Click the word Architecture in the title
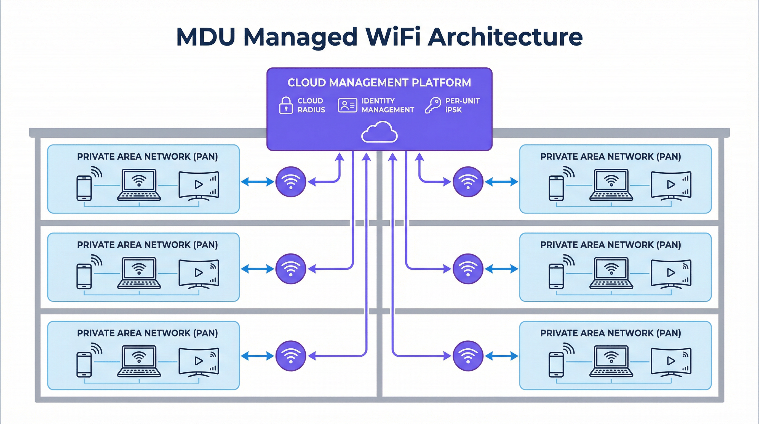tap(505, 37)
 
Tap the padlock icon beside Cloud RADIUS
tap(285, 105)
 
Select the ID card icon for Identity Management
tap(348, 105)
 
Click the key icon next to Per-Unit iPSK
tap(433, 105)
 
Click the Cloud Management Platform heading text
tap(379, 83)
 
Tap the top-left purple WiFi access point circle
tap(290, 182)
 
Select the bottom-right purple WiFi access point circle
tap(467, 356)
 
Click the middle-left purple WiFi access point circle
tap(290, 269)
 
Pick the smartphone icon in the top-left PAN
tap(84, 188)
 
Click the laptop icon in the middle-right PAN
tap(611, 273)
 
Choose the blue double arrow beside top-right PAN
tap(501, 182)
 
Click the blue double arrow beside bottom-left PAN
tap(257, 356)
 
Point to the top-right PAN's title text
tap(611, 157)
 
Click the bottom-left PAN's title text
tap(147, 333)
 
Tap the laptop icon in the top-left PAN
tap(139, 185)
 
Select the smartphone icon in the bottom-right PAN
tap(556, 364)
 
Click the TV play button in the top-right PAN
tap(671, 184)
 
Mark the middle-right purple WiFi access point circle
tap(467, 269)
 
